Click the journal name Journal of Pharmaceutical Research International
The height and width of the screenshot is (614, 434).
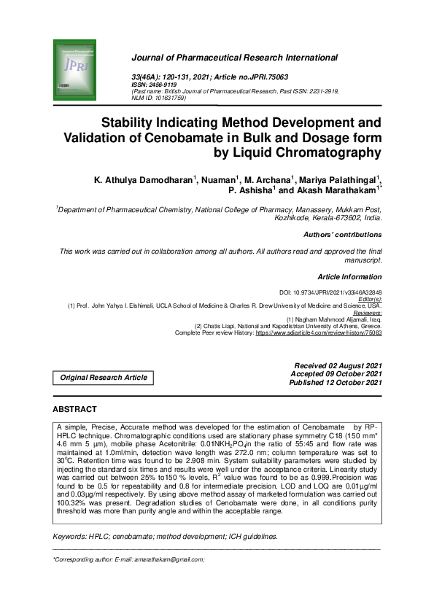234,57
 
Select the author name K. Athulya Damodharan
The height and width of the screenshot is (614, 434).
142,180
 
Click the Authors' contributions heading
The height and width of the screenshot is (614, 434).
342,235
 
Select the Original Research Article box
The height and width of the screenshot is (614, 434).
103,378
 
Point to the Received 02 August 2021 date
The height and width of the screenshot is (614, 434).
338,365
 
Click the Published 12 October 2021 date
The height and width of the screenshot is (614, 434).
336,382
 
